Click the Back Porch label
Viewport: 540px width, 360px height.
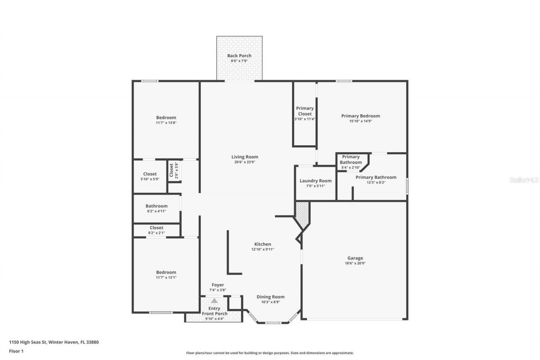pos(239,56)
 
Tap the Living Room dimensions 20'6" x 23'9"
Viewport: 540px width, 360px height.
pos(245,162)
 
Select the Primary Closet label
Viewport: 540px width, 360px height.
pos(305,111)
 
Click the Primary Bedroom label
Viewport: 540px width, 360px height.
pos(360,116)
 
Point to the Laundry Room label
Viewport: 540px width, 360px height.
pos(316,181)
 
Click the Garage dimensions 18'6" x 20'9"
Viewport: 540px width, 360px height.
pos(355,263)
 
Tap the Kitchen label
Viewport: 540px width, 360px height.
pos(262,244)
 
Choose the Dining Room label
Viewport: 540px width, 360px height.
pos(270,297)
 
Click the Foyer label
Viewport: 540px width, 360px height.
pos(218,285)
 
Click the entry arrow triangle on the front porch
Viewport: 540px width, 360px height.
pos(214,301)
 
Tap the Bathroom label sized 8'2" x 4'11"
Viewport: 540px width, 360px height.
pos(157,206)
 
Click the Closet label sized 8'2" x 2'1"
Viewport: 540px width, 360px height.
pos(157,228)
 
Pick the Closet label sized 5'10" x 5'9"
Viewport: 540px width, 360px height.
pos(150,174)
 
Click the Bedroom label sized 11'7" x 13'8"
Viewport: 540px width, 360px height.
pos(166,118)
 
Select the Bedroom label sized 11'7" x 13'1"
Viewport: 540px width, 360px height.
pos(166,272)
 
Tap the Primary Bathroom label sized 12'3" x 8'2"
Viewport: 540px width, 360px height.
pos(375,177)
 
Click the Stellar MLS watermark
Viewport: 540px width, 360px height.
pos(524,180)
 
